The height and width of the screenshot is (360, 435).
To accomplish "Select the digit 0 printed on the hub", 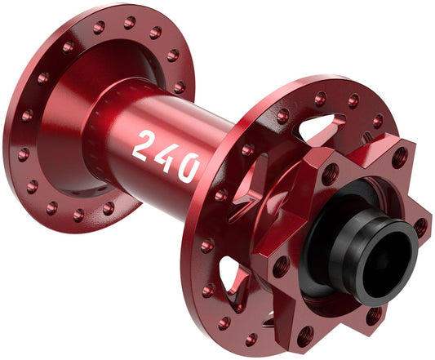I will pos(188,165).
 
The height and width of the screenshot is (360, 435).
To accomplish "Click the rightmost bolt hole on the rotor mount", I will pos(419,226).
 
